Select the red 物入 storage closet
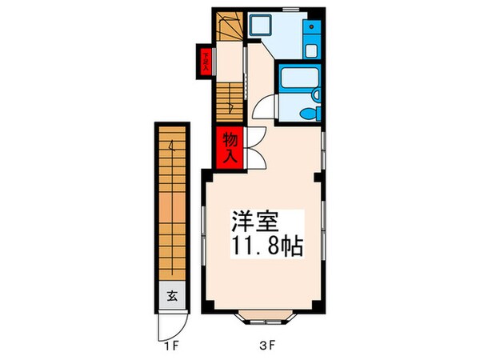tap(229, 147)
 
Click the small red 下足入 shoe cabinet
tap(206, 62)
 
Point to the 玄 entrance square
tap(172, 294)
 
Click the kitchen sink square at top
tap(261, 26)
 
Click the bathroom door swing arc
tap(262, 107)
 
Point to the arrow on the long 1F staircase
tap(171, 148)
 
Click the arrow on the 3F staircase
tap(230, 104)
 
